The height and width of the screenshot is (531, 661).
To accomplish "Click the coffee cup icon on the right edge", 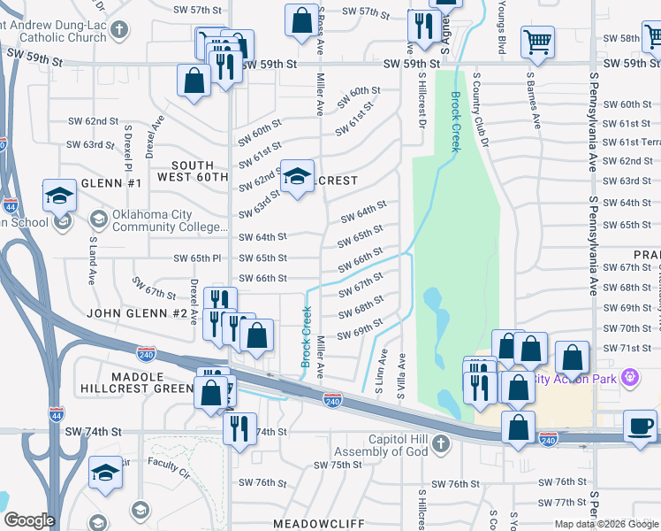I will (641, 426).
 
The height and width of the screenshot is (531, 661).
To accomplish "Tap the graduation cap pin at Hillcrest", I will (298, 177).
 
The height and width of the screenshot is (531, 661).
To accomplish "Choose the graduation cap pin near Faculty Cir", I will (105, 473).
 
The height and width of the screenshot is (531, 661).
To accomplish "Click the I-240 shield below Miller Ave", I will (332, 400).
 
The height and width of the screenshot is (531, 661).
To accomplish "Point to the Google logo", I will (29, 520).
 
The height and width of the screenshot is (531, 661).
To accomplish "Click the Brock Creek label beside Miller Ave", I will (307, 337).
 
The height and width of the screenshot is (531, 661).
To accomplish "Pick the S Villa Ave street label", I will (401, 374).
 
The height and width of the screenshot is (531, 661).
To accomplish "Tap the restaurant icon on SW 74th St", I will (239, 429).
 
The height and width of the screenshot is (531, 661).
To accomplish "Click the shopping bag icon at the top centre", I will (300, 18).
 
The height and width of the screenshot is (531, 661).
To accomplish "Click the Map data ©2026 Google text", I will (606, 524).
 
